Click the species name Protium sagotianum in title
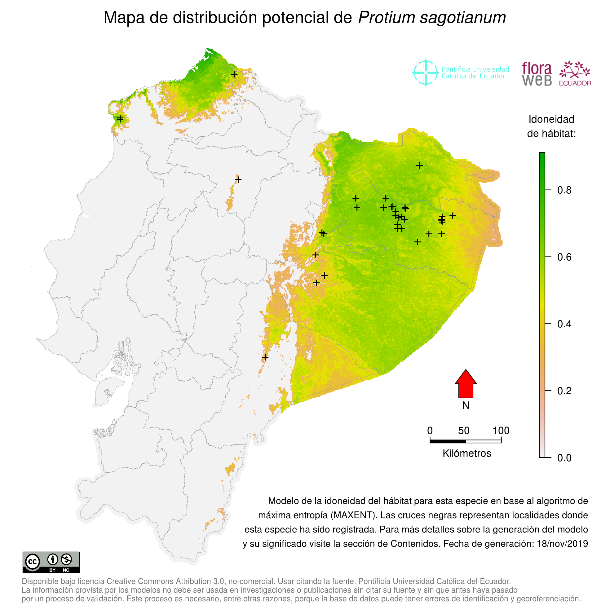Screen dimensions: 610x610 (431, 18)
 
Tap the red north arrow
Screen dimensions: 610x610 (466, 384)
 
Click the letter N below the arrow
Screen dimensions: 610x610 (466, 405)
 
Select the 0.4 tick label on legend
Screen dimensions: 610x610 (564, 324)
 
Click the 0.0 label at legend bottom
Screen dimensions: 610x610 (564, 458)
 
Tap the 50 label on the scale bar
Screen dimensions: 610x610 (464, 431)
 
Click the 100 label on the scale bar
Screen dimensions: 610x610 (501, 431)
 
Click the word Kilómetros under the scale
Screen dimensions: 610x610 (467, 453)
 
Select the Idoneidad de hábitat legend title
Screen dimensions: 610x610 (551, 126)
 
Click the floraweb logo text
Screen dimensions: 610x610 (537, 74)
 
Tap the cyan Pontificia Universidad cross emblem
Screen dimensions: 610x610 (426, 73)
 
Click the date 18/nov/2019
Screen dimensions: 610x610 (562, 544)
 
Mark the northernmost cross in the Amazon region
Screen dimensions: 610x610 (419, 166)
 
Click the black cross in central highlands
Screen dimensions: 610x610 (238, 180)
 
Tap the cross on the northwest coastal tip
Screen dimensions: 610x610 (120, 119)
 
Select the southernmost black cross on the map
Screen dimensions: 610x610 (265, 357)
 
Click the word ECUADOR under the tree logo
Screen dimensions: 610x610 (575, 83)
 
